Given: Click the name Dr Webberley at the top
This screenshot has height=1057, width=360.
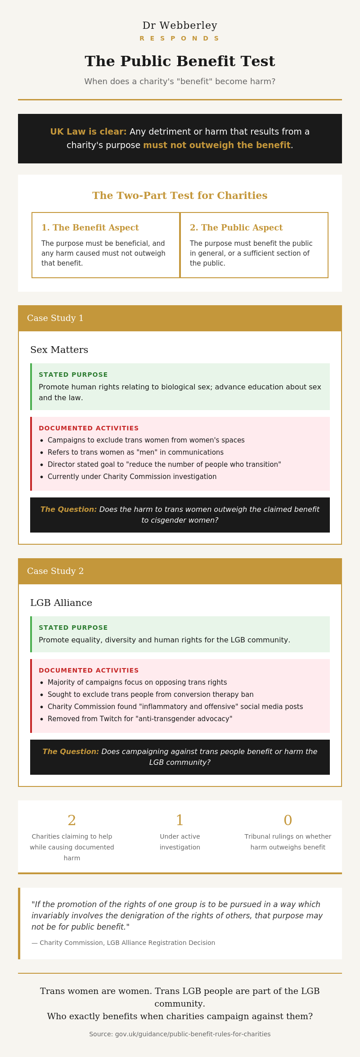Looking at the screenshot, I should pos(180,26).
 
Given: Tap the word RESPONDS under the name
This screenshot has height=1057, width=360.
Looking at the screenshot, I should pos(180,39).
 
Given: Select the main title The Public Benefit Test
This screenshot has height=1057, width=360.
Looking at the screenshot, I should pos(180,61).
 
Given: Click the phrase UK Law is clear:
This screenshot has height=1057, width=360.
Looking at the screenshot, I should pos(88,132).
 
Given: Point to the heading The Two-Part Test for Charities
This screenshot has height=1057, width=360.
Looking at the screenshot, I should pos(180,196).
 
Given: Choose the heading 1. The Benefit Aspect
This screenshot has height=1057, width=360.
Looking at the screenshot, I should pos(90,228).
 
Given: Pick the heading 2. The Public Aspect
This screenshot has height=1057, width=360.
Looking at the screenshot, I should pos(236,228).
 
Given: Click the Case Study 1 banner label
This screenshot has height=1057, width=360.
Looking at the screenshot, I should pos(55,318).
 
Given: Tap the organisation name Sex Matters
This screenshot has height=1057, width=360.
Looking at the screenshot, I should pos(59,350).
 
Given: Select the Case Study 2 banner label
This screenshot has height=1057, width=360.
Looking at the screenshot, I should pos(55,571).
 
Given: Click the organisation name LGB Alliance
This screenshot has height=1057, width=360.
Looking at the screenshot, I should pos(61,603).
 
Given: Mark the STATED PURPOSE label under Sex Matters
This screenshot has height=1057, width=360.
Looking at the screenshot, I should pos(73,375).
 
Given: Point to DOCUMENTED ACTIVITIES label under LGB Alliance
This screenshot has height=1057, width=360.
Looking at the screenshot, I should pos(89,670).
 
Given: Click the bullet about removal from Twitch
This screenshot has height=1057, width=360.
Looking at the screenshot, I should pos(140,719).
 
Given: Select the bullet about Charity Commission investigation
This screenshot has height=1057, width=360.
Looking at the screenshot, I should pos(132,477).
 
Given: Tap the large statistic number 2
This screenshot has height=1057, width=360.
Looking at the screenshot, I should pos(72,820).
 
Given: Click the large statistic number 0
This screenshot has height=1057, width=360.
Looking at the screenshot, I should pos(288,820).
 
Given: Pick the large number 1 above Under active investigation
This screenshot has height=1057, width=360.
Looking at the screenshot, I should pos(180,820).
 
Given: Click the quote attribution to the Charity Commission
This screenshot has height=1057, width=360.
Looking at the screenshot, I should pos(123,943).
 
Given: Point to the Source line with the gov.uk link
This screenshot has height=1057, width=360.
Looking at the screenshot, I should pos(180,1034).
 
